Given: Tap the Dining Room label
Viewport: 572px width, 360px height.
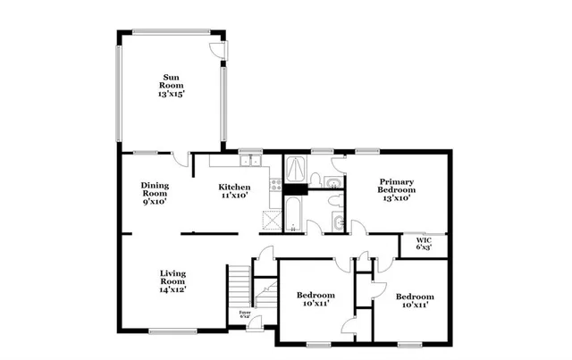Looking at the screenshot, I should point(155,194).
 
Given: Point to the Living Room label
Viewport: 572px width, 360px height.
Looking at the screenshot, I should point(173,280).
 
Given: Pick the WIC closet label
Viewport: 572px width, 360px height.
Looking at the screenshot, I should point(425,243).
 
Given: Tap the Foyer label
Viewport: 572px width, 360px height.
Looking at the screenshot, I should point(245,314).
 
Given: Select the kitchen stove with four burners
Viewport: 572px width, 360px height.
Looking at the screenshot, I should point(277,185).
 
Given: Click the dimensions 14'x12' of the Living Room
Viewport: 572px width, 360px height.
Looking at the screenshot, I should point(173,290).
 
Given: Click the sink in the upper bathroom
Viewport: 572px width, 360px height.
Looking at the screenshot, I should point(332,164).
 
